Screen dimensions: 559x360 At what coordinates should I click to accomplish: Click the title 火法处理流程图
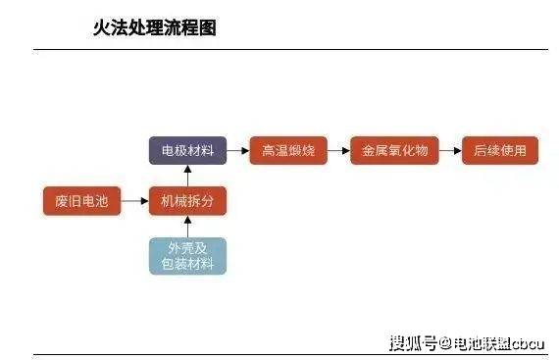(x=155, y=27)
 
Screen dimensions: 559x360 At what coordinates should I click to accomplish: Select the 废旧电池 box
(x=81, y=201)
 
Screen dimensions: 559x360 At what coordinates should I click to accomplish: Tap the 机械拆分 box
(x=187, y=201)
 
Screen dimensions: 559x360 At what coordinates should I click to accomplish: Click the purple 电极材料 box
(x=187, y=150)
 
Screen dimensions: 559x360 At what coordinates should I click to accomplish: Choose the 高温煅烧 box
(x=288, y=150)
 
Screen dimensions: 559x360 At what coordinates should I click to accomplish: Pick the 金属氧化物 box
(x=394, y=150)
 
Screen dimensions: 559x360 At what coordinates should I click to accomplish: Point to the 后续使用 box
(x=500, y=150)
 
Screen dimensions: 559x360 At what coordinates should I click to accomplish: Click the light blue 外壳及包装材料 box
(x=187, y=256)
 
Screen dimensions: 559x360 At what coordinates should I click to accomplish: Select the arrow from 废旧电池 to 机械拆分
(x=134, y=201)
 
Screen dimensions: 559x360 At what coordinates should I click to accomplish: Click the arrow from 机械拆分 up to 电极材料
(x=187, y=176)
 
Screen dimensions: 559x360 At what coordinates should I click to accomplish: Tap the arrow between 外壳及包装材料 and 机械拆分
(x=187, y=227)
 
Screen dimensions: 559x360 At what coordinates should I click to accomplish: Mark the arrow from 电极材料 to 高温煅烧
(x=238, y=150)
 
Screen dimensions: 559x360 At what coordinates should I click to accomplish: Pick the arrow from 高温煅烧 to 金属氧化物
(x=339, y=150)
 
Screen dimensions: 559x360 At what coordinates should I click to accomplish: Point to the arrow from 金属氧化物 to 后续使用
(x=450, y=150)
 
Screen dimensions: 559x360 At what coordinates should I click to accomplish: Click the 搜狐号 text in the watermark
(x=413, y=343)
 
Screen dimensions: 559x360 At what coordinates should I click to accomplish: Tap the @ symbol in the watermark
(x=445, y=344)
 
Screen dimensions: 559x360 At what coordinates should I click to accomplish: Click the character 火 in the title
(x=101, y=27)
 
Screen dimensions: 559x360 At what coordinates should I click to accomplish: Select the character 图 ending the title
(x=208, y=27)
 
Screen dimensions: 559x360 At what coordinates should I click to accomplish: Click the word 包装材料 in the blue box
(x=187, y=264)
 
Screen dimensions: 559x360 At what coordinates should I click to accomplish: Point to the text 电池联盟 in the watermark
(x=482, y=344)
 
